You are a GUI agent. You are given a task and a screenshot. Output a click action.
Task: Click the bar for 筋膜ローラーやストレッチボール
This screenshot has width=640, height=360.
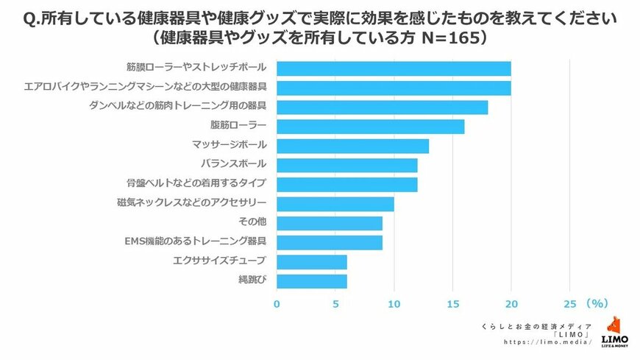[394, 68]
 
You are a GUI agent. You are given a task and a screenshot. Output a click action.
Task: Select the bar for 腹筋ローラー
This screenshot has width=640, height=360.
[370, 126]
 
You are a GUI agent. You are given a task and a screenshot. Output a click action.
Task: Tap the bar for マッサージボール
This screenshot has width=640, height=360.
[352, 145]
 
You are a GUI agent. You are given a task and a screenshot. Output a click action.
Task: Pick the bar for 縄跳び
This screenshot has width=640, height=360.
[311, 280]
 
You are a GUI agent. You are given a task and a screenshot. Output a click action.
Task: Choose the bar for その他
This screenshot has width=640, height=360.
[329, 222]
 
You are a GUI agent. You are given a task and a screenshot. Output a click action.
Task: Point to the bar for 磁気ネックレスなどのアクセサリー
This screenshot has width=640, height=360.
[335, 203]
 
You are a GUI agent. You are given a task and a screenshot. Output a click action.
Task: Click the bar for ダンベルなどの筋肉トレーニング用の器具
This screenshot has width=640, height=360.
[382, 107]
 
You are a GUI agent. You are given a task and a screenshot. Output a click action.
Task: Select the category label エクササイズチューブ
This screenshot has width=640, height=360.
[218, 261]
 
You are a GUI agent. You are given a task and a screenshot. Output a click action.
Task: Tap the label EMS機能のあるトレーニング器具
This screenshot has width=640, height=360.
[196, 241]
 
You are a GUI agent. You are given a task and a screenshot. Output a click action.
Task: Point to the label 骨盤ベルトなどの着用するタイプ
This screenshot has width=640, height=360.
[196, 183]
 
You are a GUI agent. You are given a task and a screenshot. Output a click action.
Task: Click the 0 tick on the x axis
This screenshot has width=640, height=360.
[277, 303]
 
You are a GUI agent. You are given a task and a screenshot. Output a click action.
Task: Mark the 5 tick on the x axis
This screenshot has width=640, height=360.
[335, 303]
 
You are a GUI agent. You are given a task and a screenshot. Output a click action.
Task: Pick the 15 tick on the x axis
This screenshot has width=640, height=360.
[452, 303]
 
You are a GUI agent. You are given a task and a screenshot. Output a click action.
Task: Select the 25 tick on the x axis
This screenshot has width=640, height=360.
[569, 303]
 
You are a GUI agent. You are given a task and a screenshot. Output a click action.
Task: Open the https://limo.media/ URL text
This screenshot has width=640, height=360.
[548, 343]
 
